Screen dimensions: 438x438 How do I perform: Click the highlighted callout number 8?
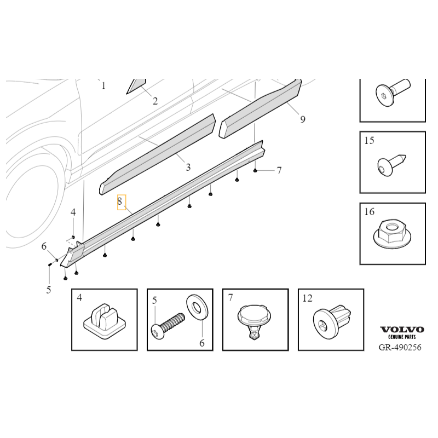tap(120, 201)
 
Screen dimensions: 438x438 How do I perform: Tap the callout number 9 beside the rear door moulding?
tap(303, 119)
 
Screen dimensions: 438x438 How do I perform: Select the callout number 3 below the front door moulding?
tap(188, 168)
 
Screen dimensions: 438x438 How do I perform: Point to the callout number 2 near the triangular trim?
tap(155, 101)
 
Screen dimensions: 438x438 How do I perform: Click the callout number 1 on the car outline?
tap(103, 86)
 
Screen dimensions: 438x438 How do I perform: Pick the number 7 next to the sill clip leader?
tap(279, 170)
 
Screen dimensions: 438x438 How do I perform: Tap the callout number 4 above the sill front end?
tap(73, 212)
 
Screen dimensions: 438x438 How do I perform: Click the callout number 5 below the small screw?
tap(49, 290)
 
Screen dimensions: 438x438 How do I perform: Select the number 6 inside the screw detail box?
tap(202, 343)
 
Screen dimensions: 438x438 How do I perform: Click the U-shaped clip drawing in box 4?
tap(105, 321)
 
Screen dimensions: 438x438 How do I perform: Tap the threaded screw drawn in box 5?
tap(168, 326)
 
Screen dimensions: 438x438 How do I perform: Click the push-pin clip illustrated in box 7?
tap(255, 322)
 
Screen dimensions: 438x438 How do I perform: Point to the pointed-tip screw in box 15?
tap(391, 165)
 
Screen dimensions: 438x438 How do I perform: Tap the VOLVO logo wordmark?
tap(402, 330)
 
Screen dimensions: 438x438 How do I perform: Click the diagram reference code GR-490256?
tap(400, 348)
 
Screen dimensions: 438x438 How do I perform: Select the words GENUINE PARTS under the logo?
tap(402, 337)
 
